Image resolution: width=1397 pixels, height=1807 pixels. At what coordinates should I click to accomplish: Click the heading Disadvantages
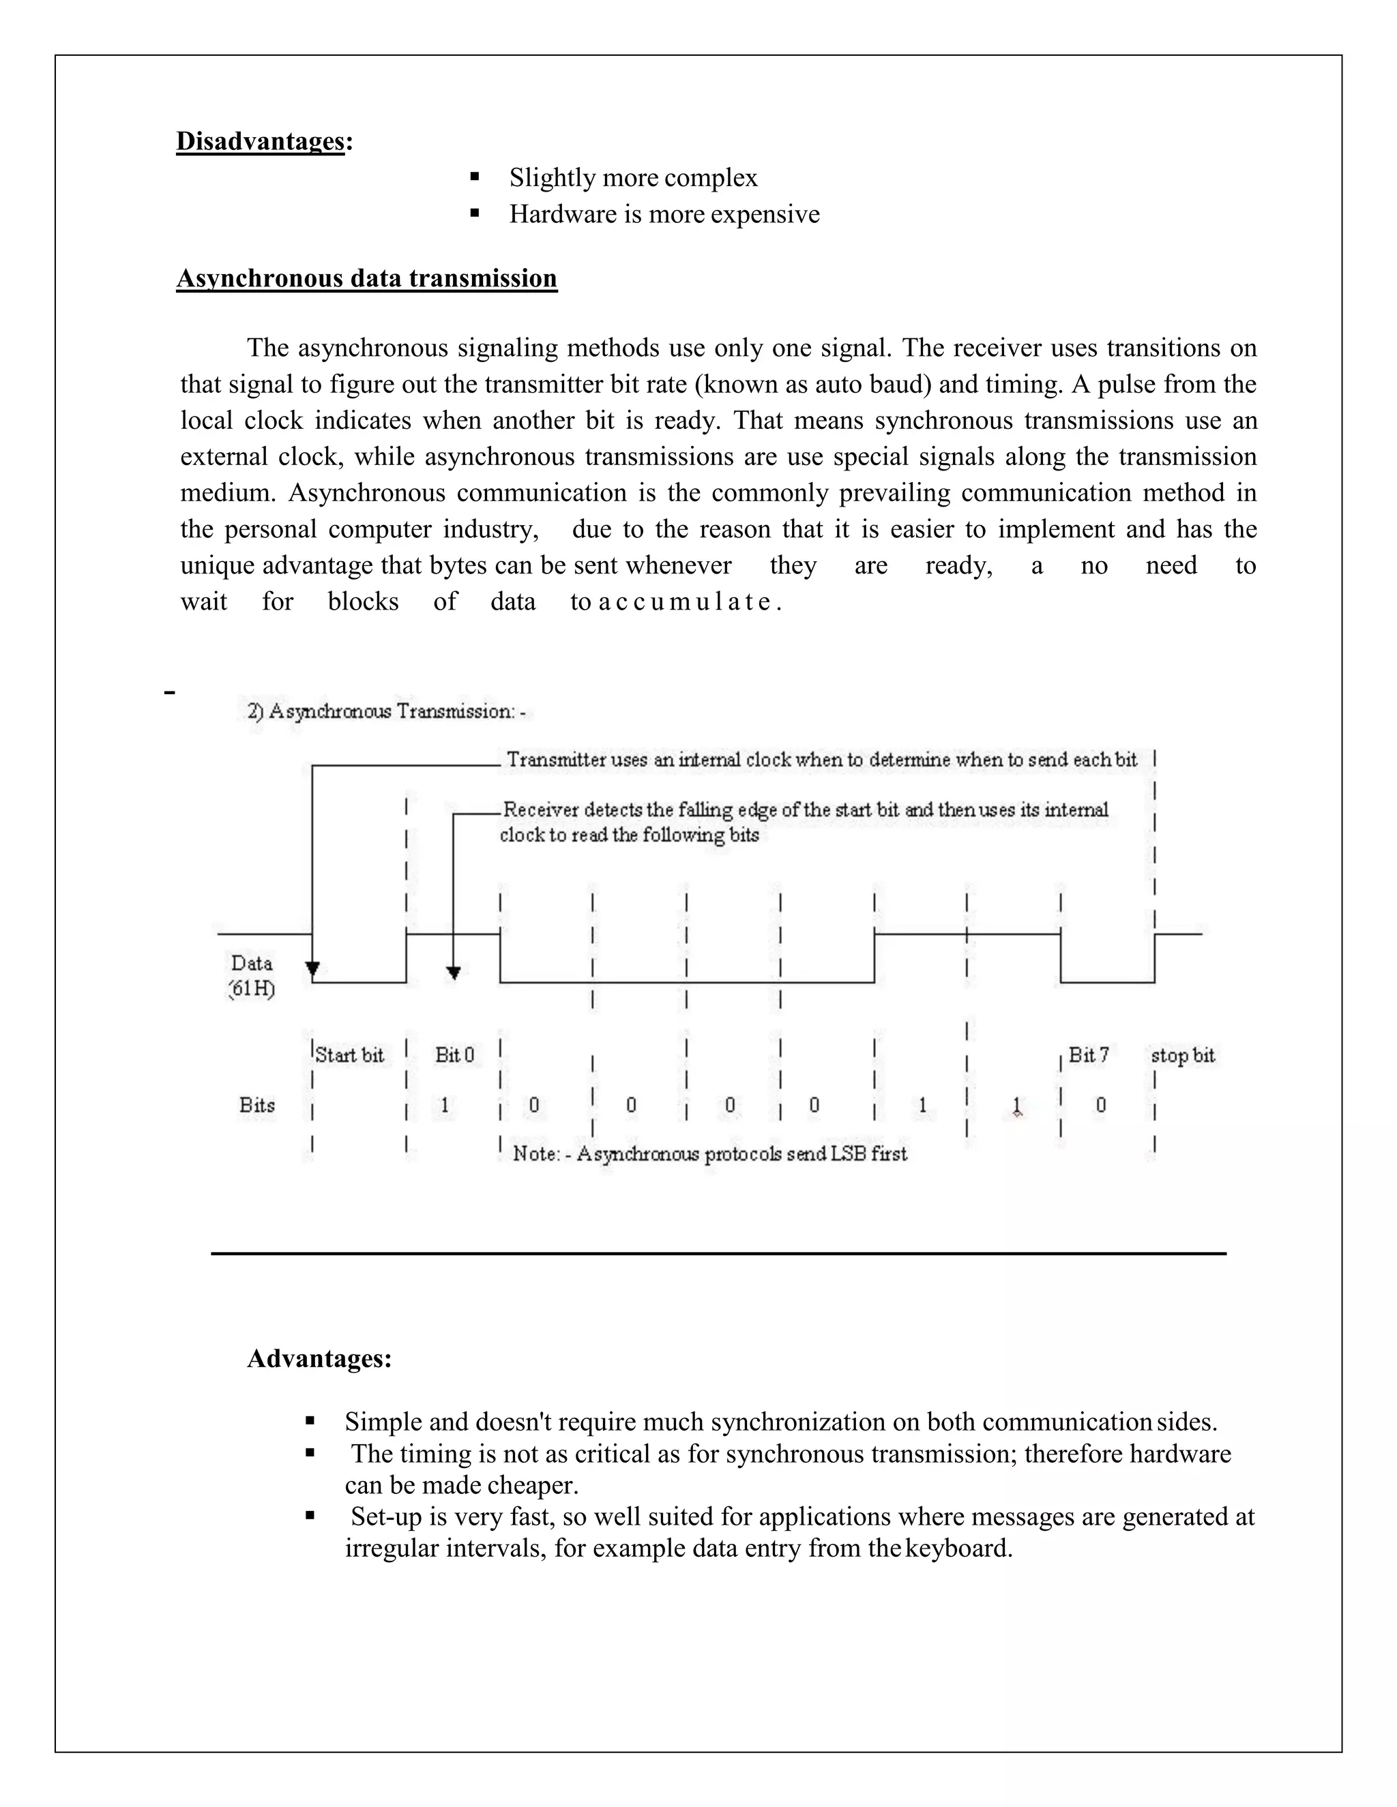point(261,141)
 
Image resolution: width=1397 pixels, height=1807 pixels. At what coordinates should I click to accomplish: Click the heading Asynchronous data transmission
point(366,278)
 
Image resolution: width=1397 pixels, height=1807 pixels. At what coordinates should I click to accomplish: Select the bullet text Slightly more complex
point(633,178)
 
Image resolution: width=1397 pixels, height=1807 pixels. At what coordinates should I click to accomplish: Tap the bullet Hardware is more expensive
point(664,214)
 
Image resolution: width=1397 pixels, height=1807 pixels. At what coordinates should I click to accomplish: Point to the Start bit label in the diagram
point(349,1055)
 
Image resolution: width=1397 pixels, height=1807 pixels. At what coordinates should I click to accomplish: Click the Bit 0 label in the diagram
point(454,1055)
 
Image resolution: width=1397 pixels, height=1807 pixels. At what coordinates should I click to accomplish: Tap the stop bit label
point(1182,1056)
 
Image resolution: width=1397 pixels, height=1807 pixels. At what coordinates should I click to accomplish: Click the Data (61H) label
point(252,976)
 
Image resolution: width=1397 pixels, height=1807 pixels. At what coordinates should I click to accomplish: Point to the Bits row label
point(256,1105)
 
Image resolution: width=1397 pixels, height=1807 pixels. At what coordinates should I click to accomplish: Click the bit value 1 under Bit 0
point(445,1105)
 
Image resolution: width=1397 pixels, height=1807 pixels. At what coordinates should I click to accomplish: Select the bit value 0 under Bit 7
point(1101,1105)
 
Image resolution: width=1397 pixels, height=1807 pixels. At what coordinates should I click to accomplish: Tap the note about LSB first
point(709,1154)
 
